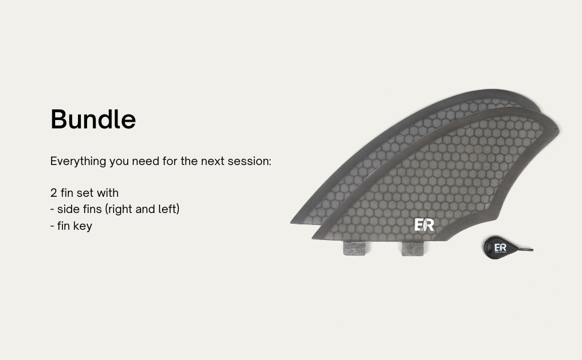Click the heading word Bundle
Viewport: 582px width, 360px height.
[x=93, y=119]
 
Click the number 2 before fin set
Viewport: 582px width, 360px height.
[x=53, y=193]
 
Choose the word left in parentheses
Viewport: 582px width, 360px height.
[x=167, y=209]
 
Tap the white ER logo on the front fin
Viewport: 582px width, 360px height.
[x=424, y=225]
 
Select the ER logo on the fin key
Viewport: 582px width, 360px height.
[x=500, y=248]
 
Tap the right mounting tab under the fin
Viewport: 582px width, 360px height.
[x=412, y=248]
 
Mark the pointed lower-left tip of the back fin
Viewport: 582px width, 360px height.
[x=291, y=223]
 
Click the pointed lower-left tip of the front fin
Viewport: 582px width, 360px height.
[x=313, y=238]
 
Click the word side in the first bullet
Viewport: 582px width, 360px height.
[x=68, y=209]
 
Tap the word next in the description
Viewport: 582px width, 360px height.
[x=212, y=161]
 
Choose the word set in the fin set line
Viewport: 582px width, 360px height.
[x=85, y=193]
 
